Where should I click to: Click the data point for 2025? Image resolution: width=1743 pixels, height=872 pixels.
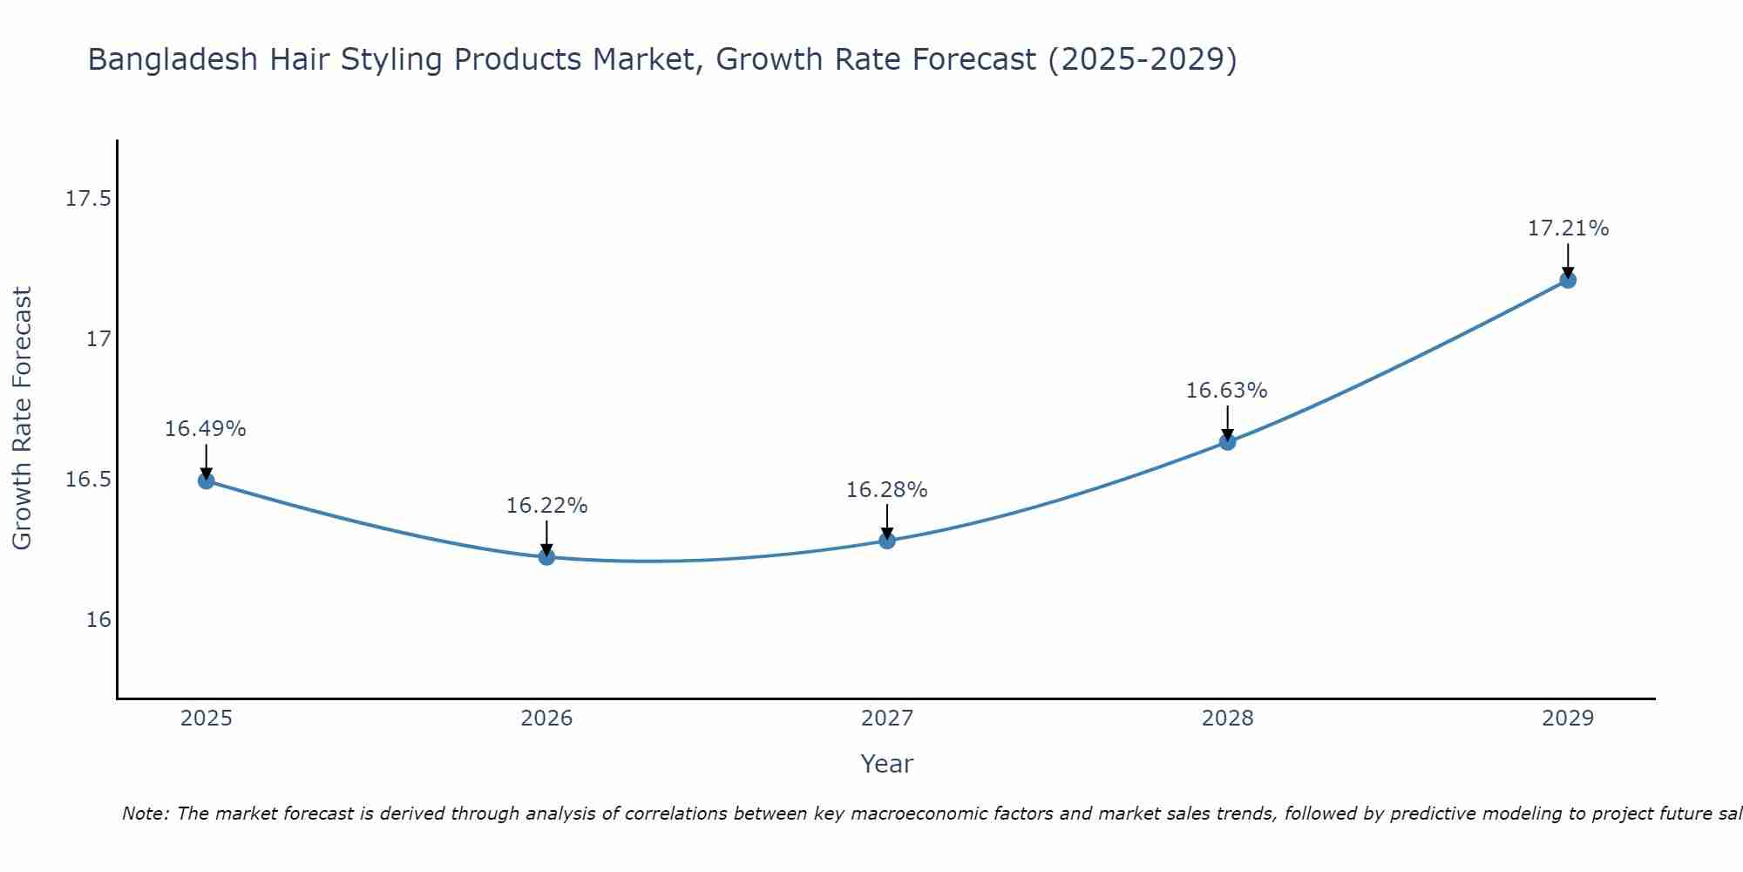pyautogui.click(x=207, y=480)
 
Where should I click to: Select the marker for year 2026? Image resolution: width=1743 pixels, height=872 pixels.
pyautogui.click(x=546, y=556)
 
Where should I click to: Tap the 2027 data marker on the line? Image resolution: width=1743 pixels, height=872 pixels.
pyautogui.click(x=887, y=541)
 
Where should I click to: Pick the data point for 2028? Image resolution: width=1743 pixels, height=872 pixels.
pyautogui.click(x=1227, y=442)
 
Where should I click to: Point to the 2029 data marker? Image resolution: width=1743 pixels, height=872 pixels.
pyautogui.click(x=1568, y=280)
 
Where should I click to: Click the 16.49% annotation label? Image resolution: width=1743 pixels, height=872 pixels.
pyautogui.click(x=206, y=429)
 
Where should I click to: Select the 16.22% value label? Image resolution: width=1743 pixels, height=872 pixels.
pyautogui.click(x=546, y=506)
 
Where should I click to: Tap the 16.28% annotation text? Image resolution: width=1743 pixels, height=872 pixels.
pyautogui.click(x=887, y=490)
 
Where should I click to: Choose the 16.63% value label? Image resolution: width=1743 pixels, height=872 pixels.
pyautogui.click(x=1226, y=391)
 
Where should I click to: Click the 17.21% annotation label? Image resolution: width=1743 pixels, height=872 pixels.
pyautogui.click(x=1568, y=228)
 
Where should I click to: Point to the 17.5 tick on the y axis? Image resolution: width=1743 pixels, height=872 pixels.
pyautogui.click(x=88, y=199)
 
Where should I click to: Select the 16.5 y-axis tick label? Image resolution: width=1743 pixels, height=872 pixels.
pyautogui.click(x=88, y=480)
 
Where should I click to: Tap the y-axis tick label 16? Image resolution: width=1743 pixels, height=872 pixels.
pyautogui.click(x=99, y=620)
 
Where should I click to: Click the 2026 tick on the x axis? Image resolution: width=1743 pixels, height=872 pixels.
pyautogui.click(x=546, y=719)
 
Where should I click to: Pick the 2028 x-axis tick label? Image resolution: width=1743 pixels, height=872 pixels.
pyautogui.click(x=1227, y=719)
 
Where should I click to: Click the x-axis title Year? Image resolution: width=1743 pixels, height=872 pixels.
pyautogui.click(x=887, y=764)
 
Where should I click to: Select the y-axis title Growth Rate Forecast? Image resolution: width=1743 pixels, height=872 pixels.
pyautogui.click(x=22, y=419)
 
